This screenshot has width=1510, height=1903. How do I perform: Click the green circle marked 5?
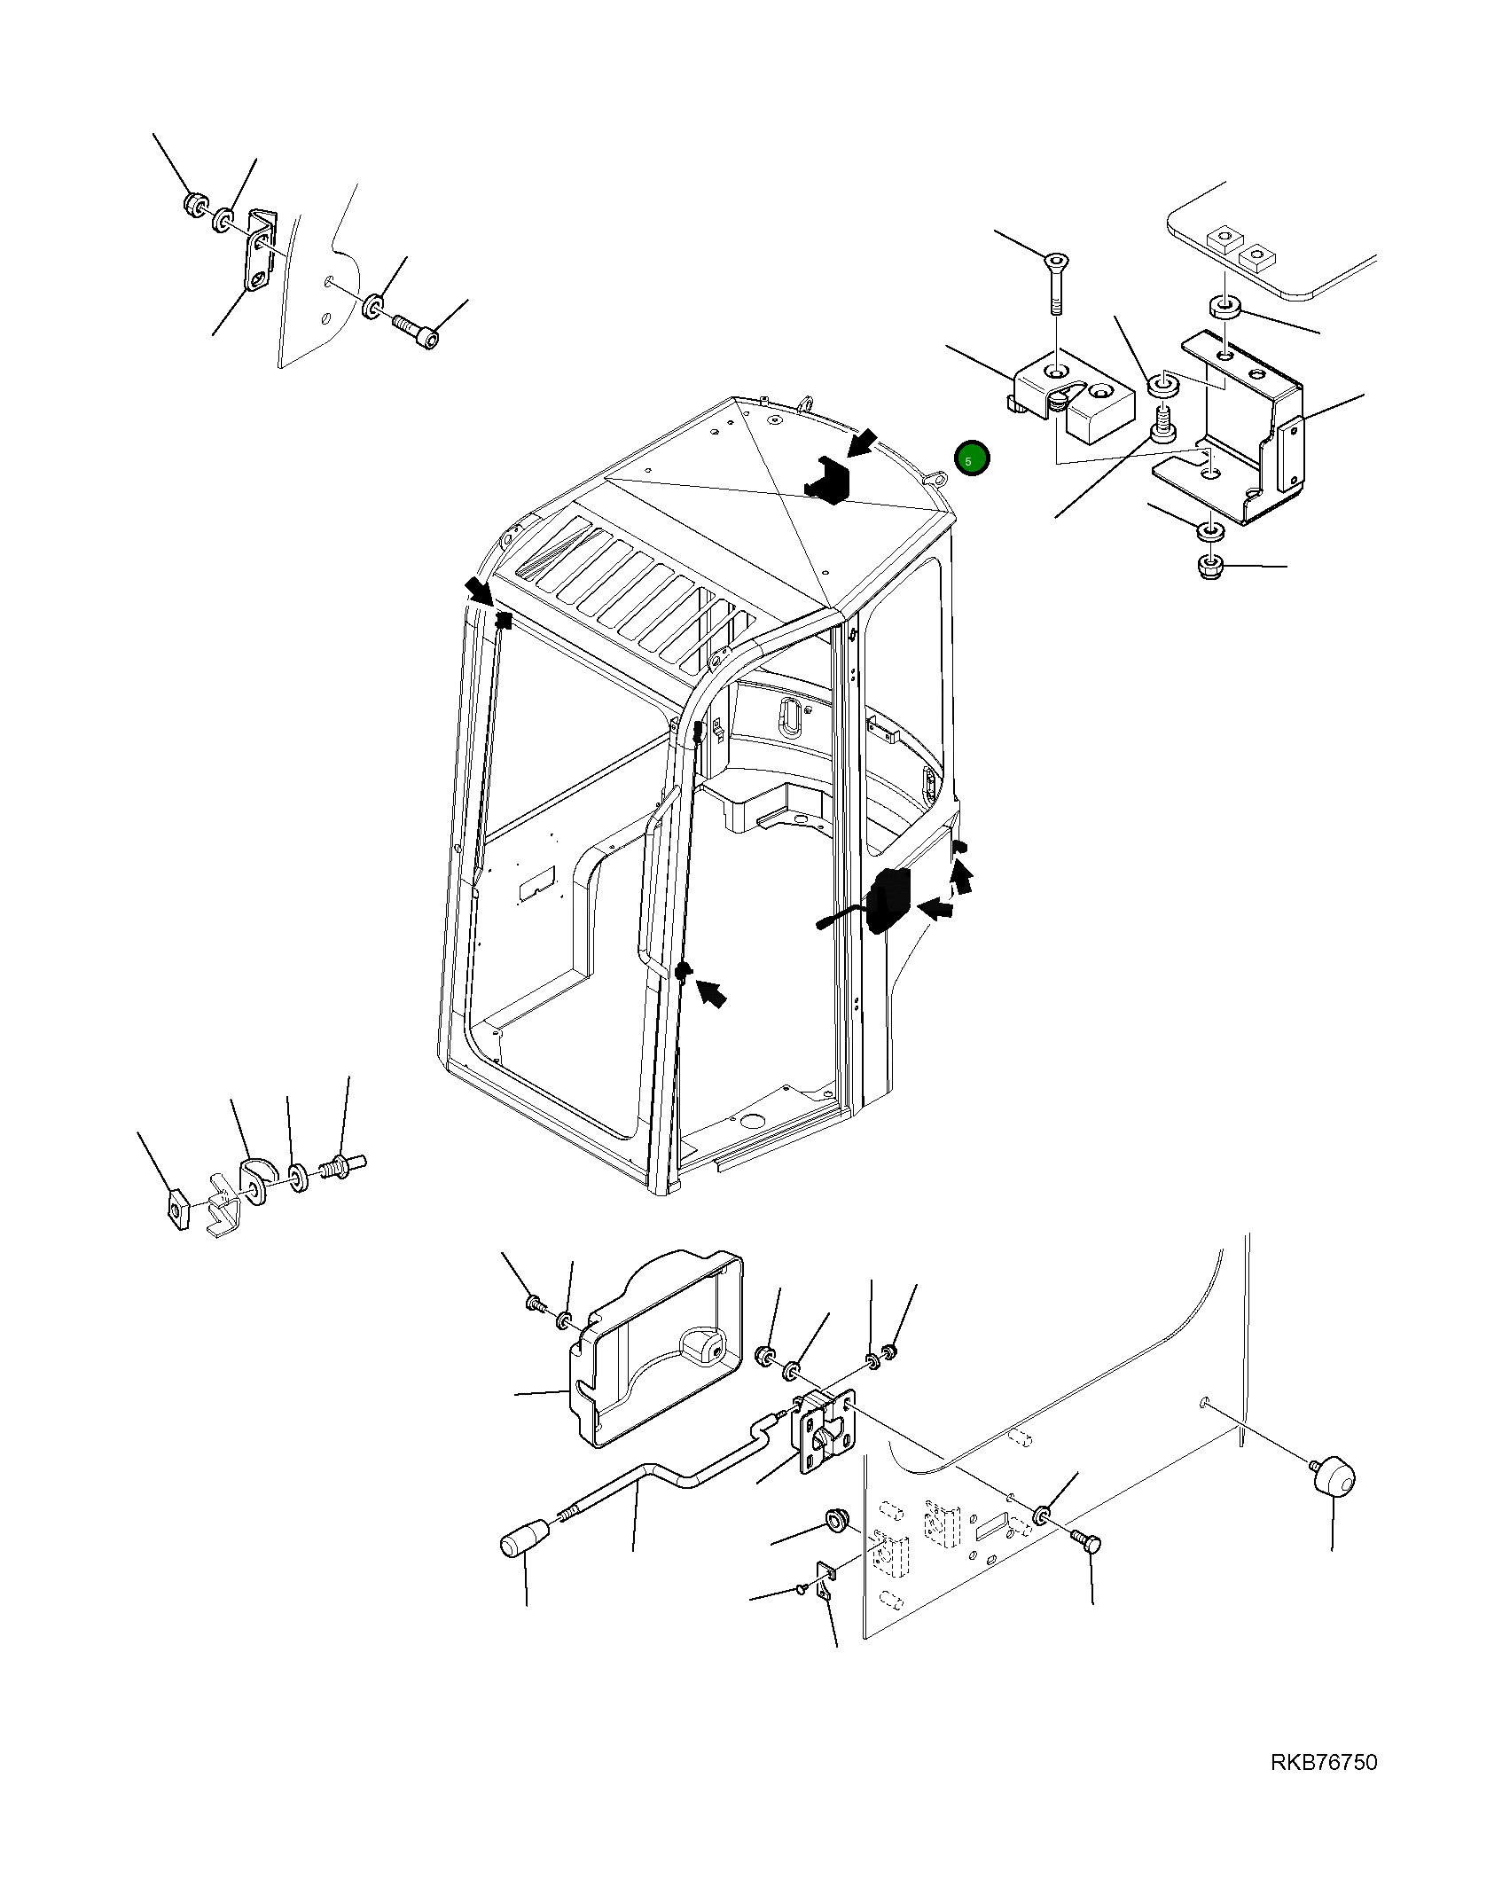coord(971,458)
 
